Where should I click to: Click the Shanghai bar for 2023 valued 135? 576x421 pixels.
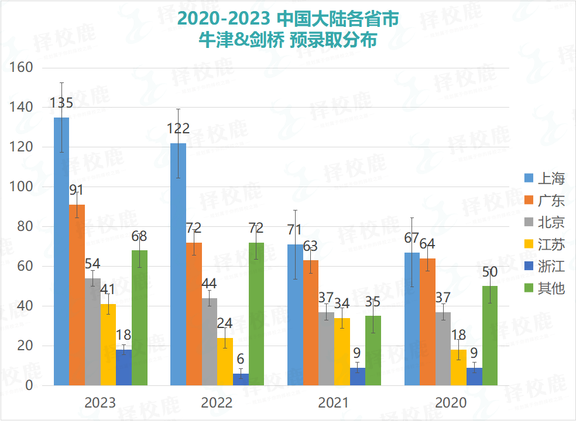(x=61, y=251)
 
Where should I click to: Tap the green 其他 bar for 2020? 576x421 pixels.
(x=490, y=336)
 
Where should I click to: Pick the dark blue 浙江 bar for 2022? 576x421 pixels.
(x=241, y=379)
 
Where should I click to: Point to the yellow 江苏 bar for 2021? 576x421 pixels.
(x=342, y=351)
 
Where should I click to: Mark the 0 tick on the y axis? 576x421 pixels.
(x=28, y=385)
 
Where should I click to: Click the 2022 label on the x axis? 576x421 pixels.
(x=217, y=403)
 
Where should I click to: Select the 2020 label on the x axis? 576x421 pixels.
(x=451, y=403)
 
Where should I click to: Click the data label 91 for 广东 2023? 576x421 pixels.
(x=77, y=190)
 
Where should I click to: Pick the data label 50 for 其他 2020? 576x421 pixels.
(x=490, y=272)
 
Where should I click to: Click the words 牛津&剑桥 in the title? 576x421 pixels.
(x=246, y=42)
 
